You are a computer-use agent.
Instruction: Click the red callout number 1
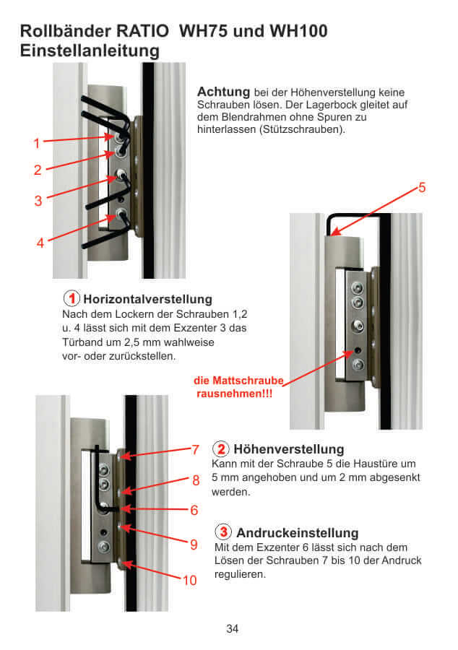(36, 144)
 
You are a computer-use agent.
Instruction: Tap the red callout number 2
(37, 170)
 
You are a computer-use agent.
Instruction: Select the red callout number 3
(38, 201)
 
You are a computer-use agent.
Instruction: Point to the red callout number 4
(40, 243)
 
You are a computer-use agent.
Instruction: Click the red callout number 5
(422, 188)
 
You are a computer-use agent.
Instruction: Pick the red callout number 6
(194, 510)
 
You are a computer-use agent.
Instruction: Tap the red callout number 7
(195, 450)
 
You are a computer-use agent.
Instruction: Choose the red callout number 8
(195, 480)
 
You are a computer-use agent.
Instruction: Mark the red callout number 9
(194, 545)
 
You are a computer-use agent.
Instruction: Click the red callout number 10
(189, 579)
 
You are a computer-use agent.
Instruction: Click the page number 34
(232, 628)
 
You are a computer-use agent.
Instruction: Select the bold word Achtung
(223, 92)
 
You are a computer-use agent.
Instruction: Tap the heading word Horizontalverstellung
(147, 299)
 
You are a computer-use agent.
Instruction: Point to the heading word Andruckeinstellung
(297, 533)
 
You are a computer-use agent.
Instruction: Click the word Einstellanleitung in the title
(90, 51)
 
